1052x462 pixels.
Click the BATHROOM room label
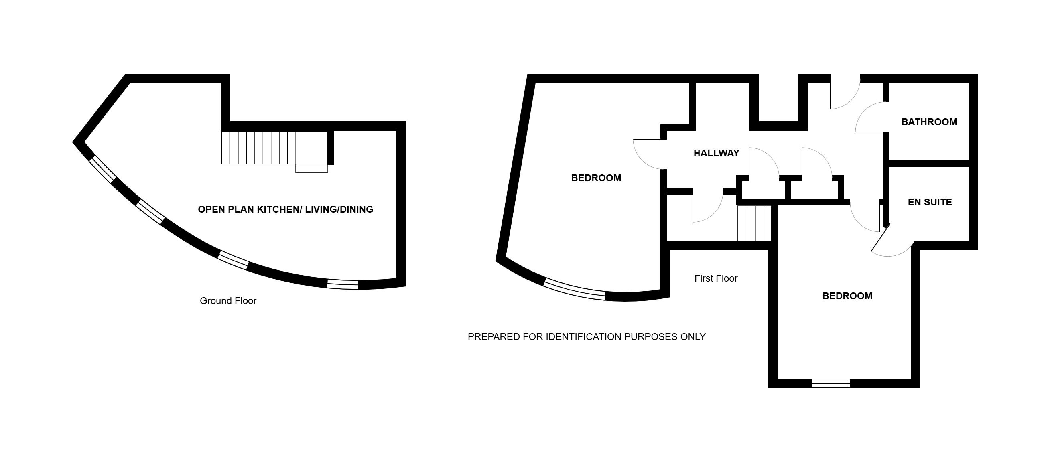pyautogui.click(x=929, y=122)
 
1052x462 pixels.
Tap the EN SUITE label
pyautogui.click(x=930, y=202)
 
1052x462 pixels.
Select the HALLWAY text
pyautogui.click(x=716, y=154)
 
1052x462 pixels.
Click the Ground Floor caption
pyautogui.click(x=228, y=301)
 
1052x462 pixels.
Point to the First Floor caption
pyautogui.click(x=716, y=278)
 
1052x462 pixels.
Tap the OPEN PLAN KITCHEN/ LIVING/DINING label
pyautogui.click(x=285, y=209)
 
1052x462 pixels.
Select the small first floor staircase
pyautogui.click(x=754, y=223)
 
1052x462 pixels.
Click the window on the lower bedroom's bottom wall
pyautogui.click(x=831, y=383)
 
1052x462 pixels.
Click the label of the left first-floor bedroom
pyautogui.click(x=596, y=178)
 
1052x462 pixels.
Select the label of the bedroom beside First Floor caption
pyautogui.click(x=847, y=296)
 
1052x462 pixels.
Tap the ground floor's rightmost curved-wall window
pyautogui.click(x=343, y=284)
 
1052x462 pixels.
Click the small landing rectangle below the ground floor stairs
pyautogui.click(x=312, y=168)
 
